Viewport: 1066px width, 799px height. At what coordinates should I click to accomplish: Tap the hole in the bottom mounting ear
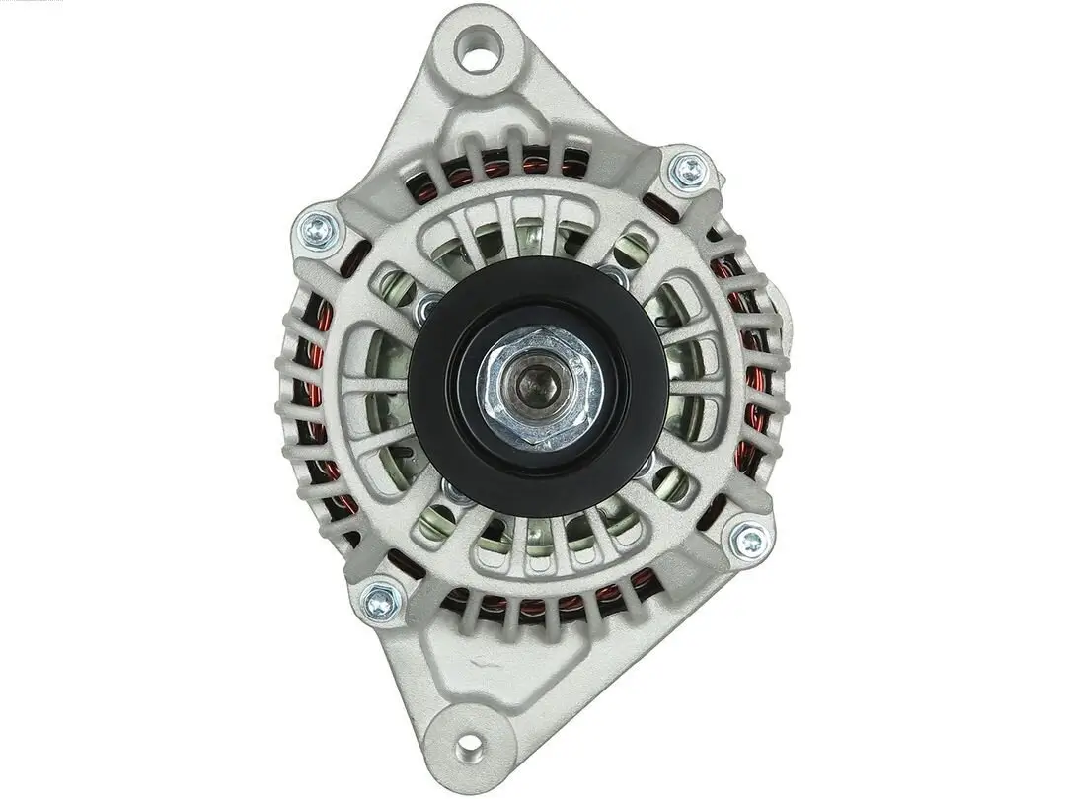(471, 744)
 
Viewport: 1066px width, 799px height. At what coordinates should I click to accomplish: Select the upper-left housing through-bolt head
(319, 231)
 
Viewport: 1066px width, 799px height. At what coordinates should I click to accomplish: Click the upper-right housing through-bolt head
(689, 172)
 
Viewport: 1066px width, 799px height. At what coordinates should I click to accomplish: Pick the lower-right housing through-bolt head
(749, 540)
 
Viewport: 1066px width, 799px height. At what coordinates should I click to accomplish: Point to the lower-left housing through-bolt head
(380, 600)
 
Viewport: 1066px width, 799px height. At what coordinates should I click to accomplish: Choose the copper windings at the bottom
(553, 602)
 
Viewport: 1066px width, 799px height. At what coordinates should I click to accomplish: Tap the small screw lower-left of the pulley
(456, 490)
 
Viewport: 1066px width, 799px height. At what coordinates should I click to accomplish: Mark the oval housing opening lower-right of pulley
(671, 483)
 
